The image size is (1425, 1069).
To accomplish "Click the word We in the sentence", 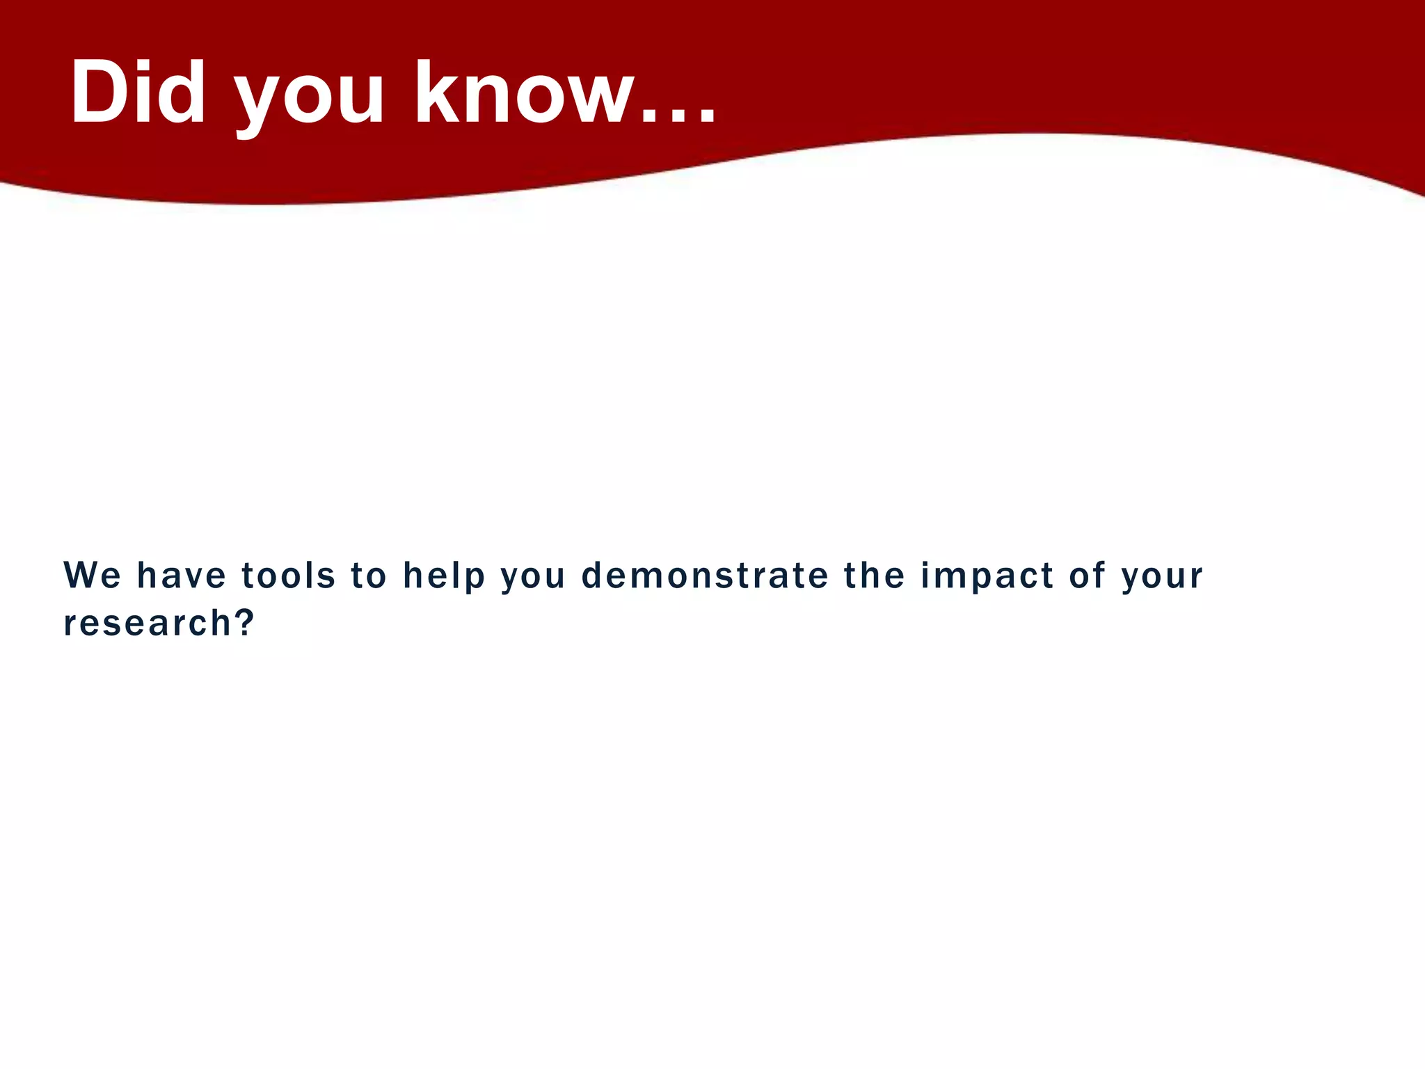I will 93,576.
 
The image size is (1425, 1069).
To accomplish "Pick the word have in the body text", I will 182,576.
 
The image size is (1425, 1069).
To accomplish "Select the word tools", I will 288,576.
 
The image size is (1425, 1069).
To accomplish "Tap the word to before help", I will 368,576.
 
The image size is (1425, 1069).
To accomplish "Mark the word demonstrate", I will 704,576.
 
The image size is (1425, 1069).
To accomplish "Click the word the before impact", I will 874,576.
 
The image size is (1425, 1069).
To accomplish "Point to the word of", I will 1088,576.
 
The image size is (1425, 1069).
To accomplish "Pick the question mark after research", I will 244,621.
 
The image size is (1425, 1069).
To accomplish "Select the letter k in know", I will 437,92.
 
